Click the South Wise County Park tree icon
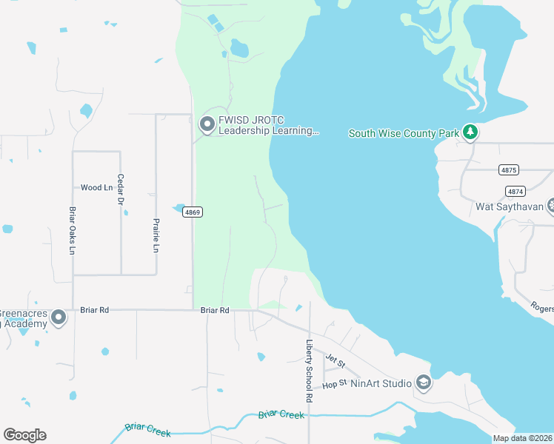(x=470, y=132)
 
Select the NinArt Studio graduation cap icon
(x=423, y=383)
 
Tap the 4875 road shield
(x=508, y=169)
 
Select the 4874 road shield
(x=515, y=191)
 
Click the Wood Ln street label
(x=96, y=188)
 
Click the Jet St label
(x=336, y=358)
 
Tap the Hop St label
(x=334, y=384)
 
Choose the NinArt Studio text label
(x=381, y=383)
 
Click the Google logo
(x=24, y=435)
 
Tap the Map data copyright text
(x=522, y=438)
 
